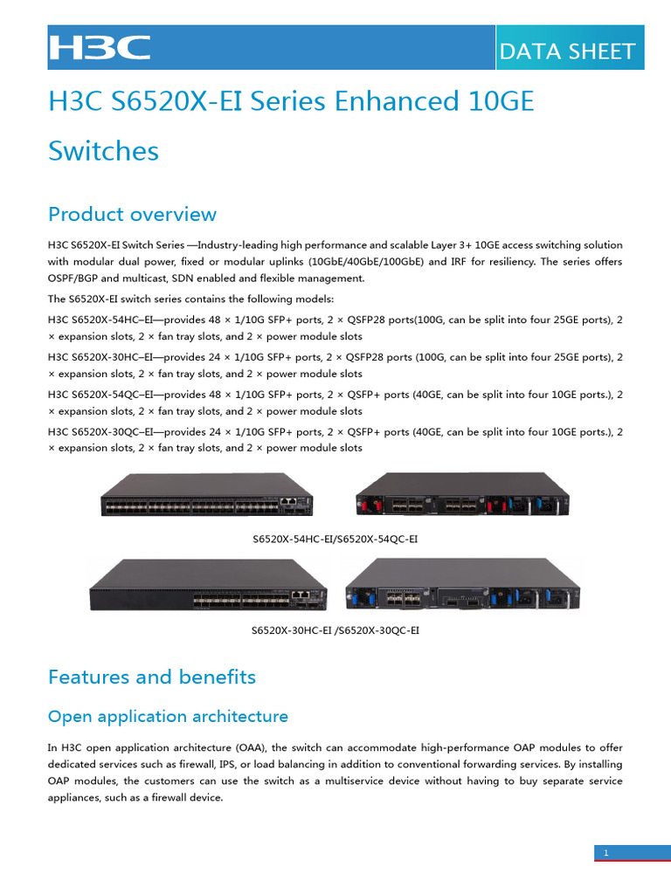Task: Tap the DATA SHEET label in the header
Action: coord(566,52)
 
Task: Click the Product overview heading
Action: coord(132,214)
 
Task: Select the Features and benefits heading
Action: coord(152,677)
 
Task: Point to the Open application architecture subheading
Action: coord(168,717)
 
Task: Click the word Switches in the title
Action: coord(103,150)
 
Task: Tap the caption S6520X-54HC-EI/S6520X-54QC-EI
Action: coord(335,540)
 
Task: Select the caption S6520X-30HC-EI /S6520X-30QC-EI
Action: coord(335,629)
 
